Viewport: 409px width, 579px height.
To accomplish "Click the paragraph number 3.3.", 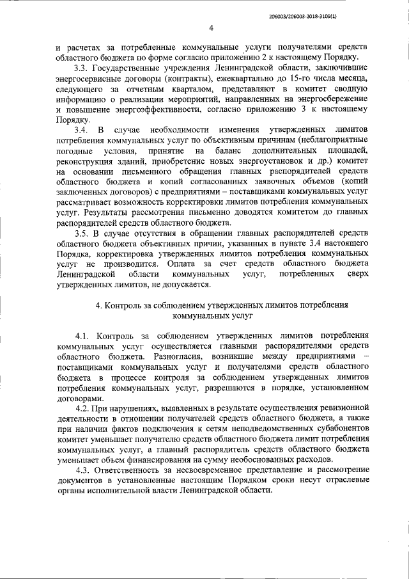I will (81, 68).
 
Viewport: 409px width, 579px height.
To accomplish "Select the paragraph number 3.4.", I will (81, 130).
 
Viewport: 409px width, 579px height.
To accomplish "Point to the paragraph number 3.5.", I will (81, 233).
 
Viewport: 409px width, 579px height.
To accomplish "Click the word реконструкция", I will (87, 161).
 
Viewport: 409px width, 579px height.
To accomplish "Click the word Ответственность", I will (132, 470).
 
